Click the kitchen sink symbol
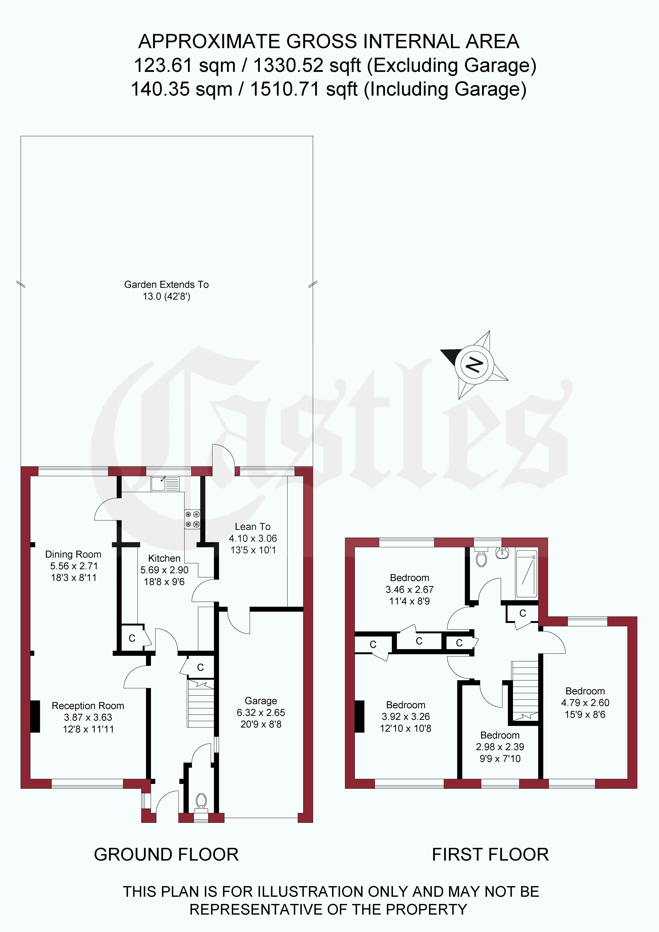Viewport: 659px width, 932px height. click(165, 484)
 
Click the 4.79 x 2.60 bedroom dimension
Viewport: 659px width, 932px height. click(585, 703)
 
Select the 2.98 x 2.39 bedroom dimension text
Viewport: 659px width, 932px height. click(500, 746)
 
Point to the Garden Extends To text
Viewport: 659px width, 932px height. click(166, 284)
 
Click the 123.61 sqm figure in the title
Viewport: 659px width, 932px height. click(184, 65)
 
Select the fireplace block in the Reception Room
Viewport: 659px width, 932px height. click(35, 717)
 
